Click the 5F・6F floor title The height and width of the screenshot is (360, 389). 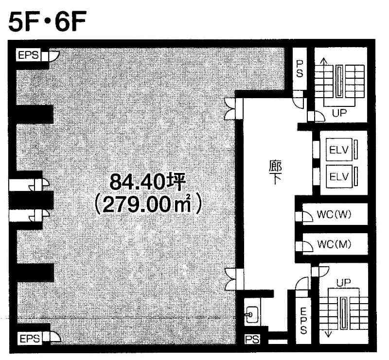(x=47, y=22)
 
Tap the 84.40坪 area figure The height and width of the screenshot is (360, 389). (x=148, y=182)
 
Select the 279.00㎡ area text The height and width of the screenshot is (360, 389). (x=148, y=205)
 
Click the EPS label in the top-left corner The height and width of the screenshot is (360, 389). (x=29, y=55)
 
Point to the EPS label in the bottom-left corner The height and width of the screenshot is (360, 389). (x=30, y=339)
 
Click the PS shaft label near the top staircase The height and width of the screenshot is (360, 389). (x=300, y=69)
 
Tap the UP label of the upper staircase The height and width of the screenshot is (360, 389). (x=339, y=113)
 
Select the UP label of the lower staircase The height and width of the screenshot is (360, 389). (x=344, y=282)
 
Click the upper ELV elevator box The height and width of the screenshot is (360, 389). (x=339, y=150)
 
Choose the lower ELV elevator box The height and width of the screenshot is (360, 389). (x=339, y=176)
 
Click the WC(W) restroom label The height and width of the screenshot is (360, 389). (x=334, y=215)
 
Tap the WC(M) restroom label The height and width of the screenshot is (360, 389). (x=334, y=244)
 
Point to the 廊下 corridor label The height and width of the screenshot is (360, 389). (x=275, y=172)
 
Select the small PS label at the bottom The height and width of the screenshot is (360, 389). (x=252, y=340)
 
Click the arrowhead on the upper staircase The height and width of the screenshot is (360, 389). (x=323, y=60)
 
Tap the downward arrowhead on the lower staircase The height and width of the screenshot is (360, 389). (x=329, y=334)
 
